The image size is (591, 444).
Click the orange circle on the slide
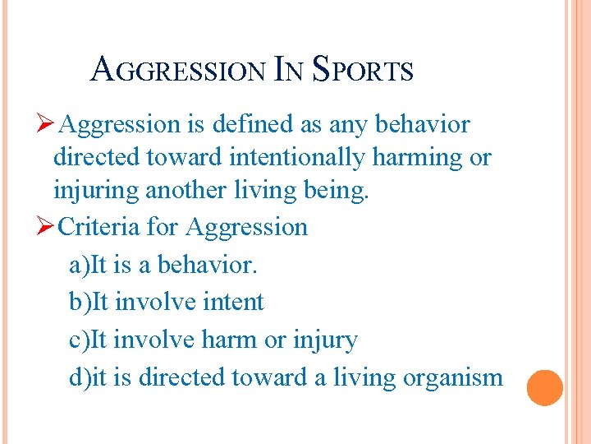pos(544,387)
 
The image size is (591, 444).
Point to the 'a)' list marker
pos(80,265)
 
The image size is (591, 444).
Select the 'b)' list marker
pos(80,303)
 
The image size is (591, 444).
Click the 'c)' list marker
pos(80,340)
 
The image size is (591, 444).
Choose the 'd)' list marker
pos(80,377)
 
